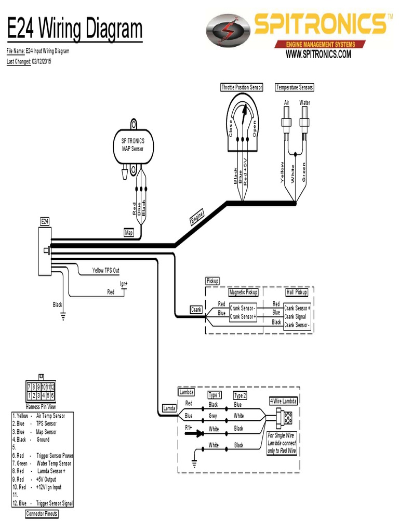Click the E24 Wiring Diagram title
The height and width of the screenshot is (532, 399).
74,30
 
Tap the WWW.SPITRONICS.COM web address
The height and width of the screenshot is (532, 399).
318,54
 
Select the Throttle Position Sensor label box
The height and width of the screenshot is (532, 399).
242,87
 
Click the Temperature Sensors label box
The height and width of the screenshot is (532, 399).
295,87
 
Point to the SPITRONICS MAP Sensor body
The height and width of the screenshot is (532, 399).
133,145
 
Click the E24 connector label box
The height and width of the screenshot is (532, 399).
45,221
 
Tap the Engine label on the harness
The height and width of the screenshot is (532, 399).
197,217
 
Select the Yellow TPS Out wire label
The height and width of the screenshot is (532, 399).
105,270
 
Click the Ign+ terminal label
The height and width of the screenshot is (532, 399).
124,284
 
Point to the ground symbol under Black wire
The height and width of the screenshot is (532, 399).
63,315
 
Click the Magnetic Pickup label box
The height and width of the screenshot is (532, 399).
243,292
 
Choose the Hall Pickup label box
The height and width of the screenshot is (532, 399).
297,292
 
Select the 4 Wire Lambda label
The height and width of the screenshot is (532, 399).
283,401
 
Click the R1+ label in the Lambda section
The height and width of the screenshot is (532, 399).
189,428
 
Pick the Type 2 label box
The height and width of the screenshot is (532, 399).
240,395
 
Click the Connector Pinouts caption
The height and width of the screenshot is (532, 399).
42,514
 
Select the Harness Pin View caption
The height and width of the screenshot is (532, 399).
41,406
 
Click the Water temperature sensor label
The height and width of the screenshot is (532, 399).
304,103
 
